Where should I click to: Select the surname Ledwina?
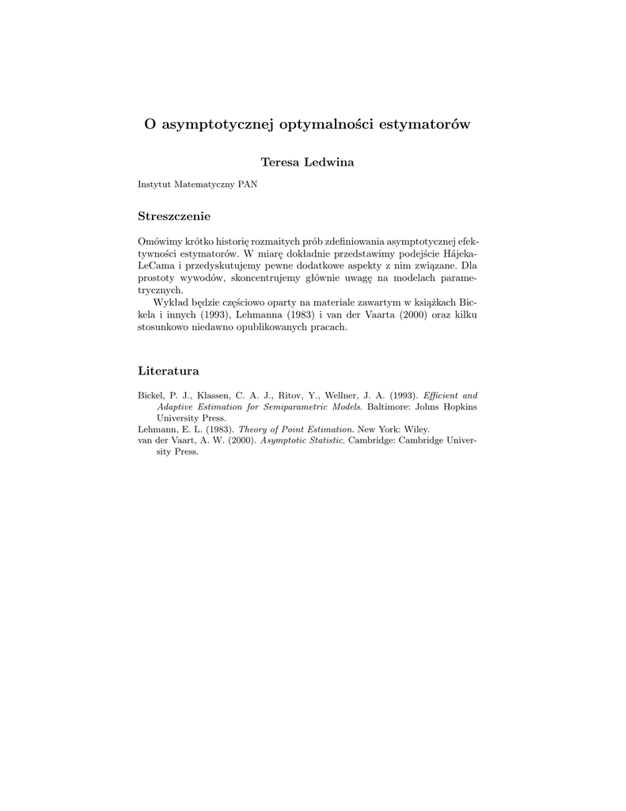click(332, 162)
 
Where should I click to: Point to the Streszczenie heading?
click(174, 215)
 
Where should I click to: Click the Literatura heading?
click(169, 371)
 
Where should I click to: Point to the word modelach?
click(405, 278)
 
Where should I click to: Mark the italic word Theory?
click(253, 429)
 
